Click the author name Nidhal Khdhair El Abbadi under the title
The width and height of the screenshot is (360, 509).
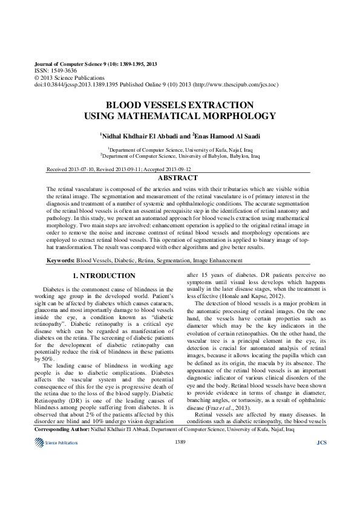(139, 137)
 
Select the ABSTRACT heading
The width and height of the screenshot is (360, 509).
(177, 178)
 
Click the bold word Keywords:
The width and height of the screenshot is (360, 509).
(61, 260)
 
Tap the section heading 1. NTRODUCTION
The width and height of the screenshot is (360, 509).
(104, 276)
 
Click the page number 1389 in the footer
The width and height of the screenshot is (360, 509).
(180, 459)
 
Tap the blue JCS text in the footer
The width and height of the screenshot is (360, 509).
(321, 460)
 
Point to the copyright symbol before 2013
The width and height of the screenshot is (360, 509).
(36, 78)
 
